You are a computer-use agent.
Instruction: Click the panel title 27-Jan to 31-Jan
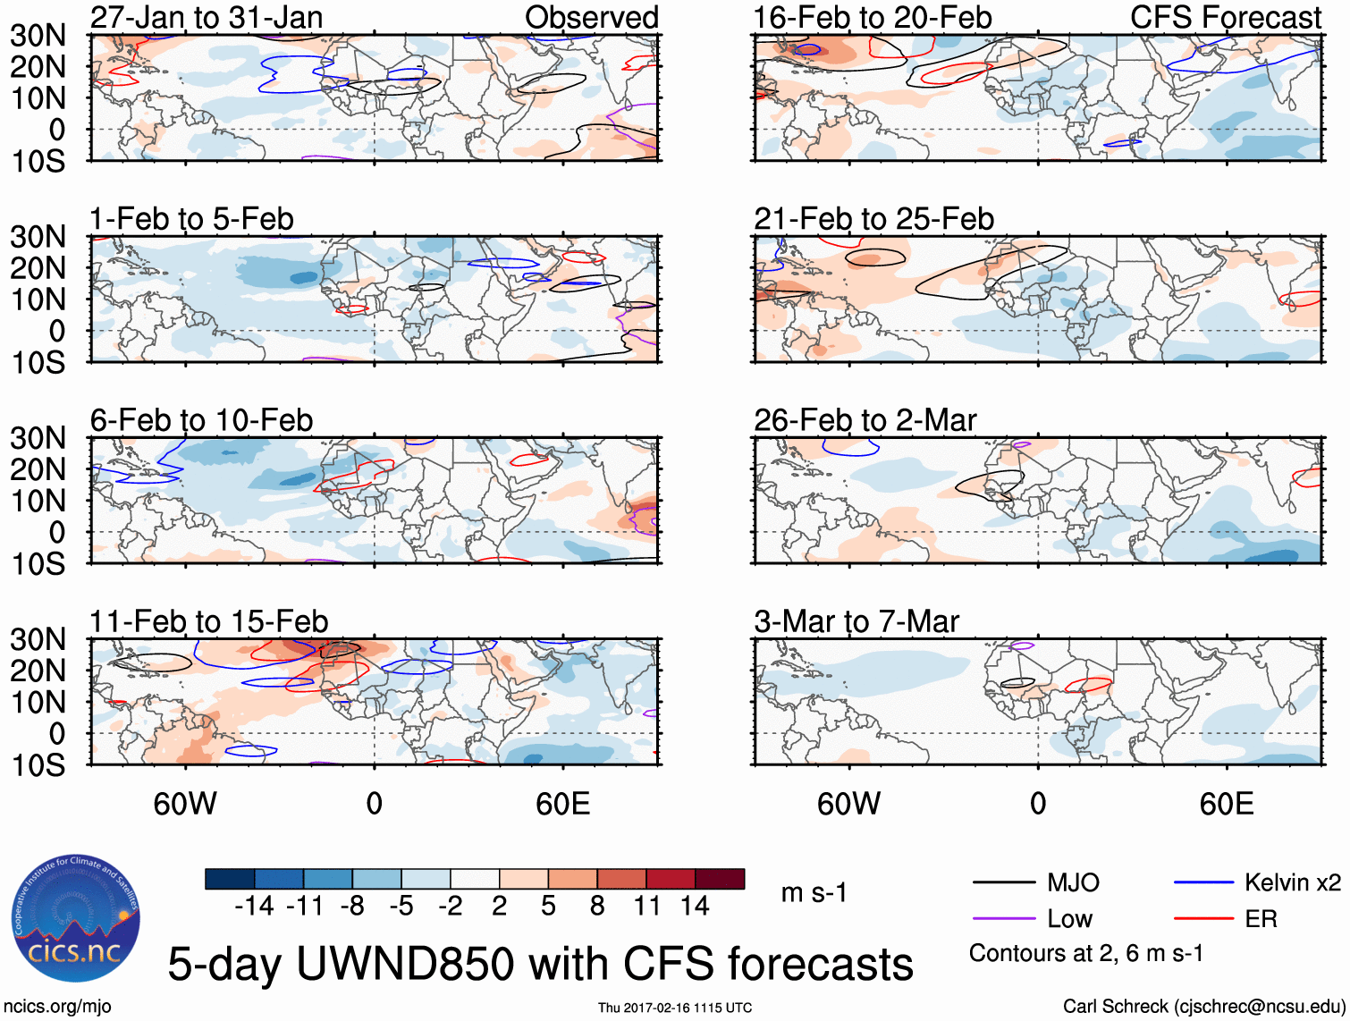pyautogui.click(x=207, y=17)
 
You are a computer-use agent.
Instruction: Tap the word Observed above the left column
pyautogui.click(x=591, y=17)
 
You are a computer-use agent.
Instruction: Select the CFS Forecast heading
pyautogui.click(x=1225, y=17)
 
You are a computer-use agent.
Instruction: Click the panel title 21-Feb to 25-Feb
pyautogui.click(x=873, y=218)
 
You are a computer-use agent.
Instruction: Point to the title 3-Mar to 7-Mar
pyautogui.click(x=856, y=621)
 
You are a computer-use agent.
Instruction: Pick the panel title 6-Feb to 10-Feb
pyautogui.click(x=201, y=420)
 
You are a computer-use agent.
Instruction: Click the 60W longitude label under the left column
pyautogui.click(x=185, y=804)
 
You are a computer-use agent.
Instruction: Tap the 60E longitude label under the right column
pyautogui.click(x=1226, y=804)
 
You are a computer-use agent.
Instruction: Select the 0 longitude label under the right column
pyautogui.click(x=1037, y=804)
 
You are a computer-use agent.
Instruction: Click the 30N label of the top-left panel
pyautogui.click(x=38, y=36)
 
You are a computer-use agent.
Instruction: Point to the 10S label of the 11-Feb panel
pyautogui.click(x=38, y=765)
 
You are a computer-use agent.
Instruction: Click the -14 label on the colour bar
pyautogui.click(x=254, y=907)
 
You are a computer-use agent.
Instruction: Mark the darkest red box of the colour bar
pyautogui.click(x=720, y=879)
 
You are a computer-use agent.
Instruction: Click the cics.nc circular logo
pyautogui.click(x=76, y=918)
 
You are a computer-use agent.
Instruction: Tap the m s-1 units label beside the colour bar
pyautogui.click(x=814, y=893)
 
